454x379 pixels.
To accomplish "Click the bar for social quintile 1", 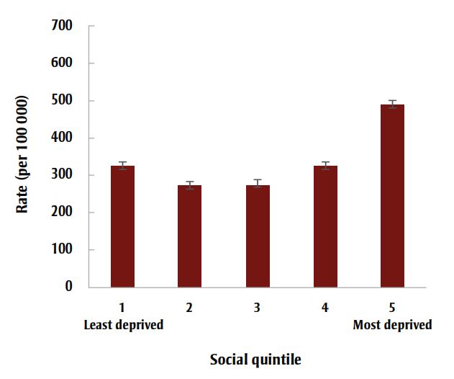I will click(122, 227).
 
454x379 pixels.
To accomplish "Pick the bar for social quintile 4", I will click(325, 227).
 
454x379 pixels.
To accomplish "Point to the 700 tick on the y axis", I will click(63, 26).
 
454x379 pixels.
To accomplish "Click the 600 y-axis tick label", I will click(63, 63).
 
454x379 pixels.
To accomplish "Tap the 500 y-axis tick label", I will click(63, 101).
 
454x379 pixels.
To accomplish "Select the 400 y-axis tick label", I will click(63, 138).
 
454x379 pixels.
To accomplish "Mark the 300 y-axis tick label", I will click(63, 176).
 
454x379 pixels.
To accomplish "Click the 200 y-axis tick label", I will click(63, 213).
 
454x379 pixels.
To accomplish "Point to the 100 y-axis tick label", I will click(63, 250).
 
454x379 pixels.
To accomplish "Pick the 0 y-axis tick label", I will click(70, 287).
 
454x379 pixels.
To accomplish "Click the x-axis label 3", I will click(258, 308).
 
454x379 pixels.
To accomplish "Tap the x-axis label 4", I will click(325, 308).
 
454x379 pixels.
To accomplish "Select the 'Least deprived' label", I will click(124, 325).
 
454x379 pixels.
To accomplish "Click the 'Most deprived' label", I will click(392, 325).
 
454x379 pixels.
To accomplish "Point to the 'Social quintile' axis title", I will click(255, 359).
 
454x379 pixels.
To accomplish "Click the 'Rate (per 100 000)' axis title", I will click(23, 155).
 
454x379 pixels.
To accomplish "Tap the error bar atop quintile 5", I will click(393, 104).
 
